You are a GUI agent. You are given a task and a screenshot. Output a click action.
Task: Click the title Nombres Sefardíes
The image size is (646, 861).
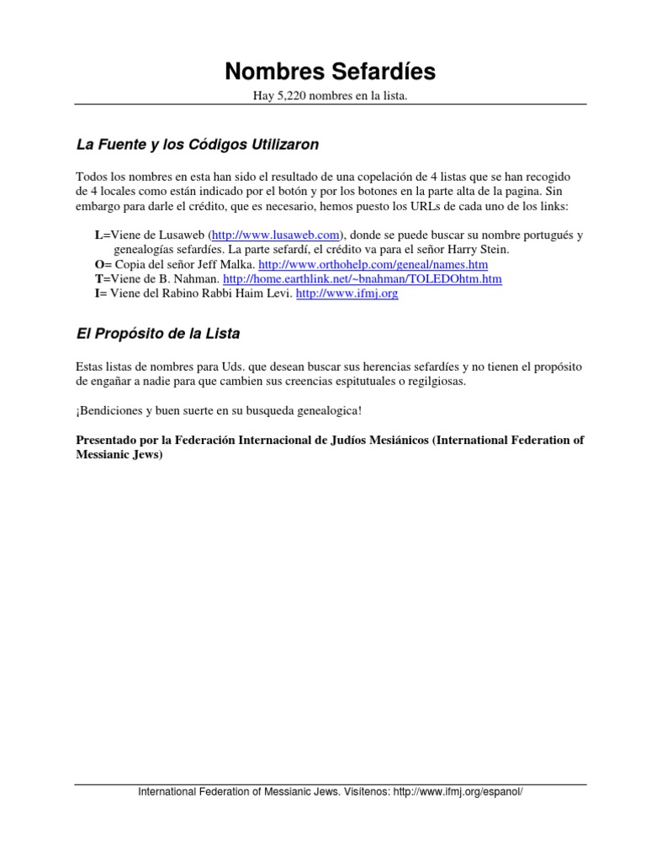330,71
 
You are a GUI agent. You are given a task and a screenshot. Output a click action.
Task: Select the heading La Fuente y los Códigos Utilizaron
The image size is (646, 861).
198,145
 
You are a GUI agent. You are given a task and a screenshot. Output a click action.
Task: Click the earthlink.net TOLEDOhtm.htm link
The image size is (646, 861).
363,278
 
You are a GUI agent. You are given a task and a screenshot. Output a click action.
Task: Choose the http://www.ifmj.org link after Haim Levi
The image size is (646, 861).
347,293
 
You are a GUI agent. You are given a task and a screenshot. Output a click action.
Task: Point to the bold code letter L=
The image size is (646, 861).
101,235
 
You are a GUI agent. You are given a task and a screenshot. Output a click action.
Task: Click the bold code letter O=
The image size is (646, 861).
101,264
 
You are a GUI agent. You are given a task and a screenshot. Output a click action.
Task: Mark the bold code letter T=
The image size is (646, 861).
101,278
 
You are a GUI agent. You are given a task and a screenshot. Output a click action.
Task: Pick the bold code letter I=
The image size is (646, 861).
99,293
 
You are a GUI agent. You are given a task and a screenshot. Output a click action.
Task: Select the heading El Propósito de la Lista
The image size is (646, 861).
158,334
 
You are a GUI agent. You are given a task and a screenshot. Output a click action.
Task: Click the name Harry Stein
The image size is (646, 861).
479,250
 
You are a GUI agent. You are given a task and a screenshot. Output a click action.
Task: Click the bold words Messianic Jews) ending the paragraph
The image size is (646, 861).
119,454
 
